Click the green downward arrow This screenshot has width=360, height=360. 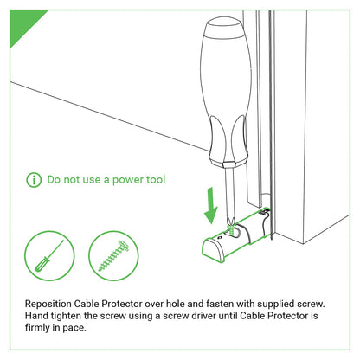pos(211,205)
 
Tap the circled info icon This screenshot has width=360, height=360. pos(34,180)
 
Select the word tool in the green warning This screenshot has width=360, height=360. pos(156,179)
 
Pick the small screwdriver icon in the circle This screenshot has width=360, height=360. pos(49,255)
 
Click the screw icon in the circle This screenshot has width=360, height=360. pos(113,256)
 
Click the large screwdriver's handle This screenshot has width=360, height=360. pos(226,93)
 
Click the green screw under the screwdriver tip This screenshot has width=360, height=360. pos(231,228)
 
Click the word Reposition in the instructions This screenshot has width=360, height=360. pos(48,304)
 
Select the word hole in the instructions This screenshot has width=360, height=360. pos(176,304)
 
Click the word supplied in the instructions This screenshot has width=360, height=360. pos(276,304)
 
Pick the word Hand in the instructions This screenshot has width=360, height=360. pos(36,316)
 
